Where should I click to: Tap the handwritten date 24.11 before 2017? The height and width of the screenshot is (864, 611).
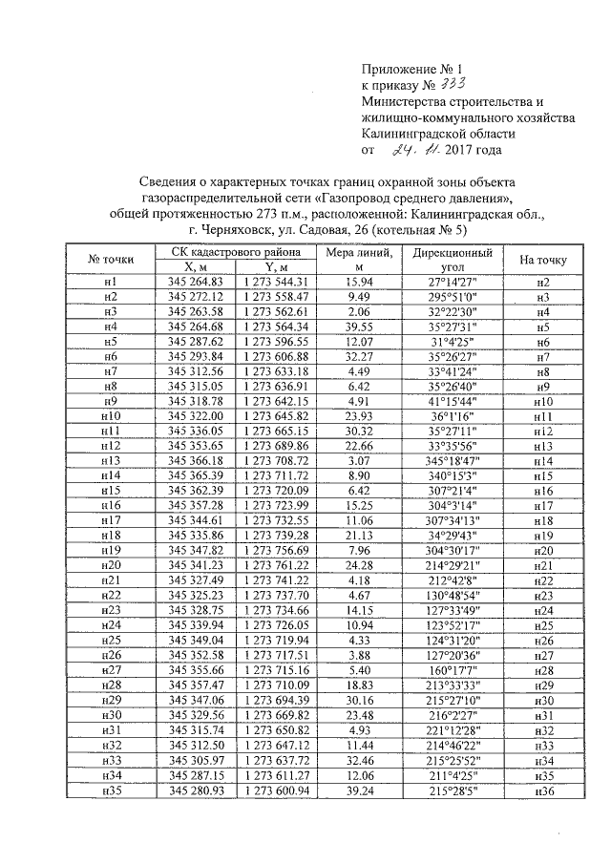(x=416, y=149)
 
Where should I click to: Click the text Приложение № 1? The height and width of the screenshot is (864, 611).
(x=411, y=69)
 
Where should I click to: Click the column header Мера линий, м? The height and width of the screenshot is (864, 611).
(x=358, y=260)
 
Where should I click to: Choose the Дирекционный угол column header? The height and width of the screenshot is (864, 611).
(x=453, y=260)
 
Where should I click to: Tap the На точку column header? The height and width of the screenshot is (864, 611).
(x=542, y=260)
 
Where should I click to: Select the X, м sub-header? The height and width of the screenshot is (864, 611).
(x=195, y=267)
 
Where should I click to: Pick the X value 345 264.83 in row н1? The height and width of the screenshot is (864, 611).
(x=195, y=283)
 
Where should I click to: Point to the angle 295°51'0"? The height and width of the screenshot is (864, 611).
(x=453, y=298)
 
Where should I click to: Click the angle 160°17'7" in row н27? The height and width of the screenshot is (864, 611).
(x=453, y=671)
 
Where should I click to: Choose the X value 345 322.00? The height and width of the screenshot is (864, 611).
(x=195, y=417)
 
